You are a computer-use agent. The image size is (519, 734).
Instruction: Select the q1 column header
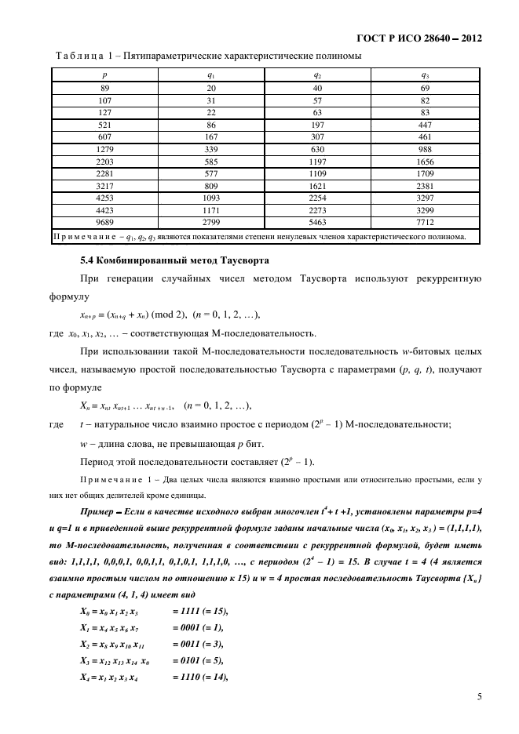click(210, 75)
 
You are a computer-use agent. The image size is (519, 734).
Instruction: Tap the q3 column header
click(424, 75)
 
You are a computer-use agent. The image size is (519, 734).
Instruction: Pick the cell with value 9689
click(104, 223)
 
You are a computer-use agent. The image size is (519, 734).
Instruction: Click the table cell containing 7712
click(424, 223)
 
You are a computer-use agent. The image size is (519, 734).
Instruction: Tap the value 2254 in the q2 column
click(316, 198)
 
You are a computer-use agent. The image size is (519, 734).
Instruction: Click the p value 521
click(104, 125)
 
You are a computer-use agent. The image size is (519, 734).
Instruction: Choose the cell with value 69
click(424, 88)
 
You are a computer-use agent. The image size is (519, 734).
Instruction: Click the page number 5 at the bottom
click(478, 696)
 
